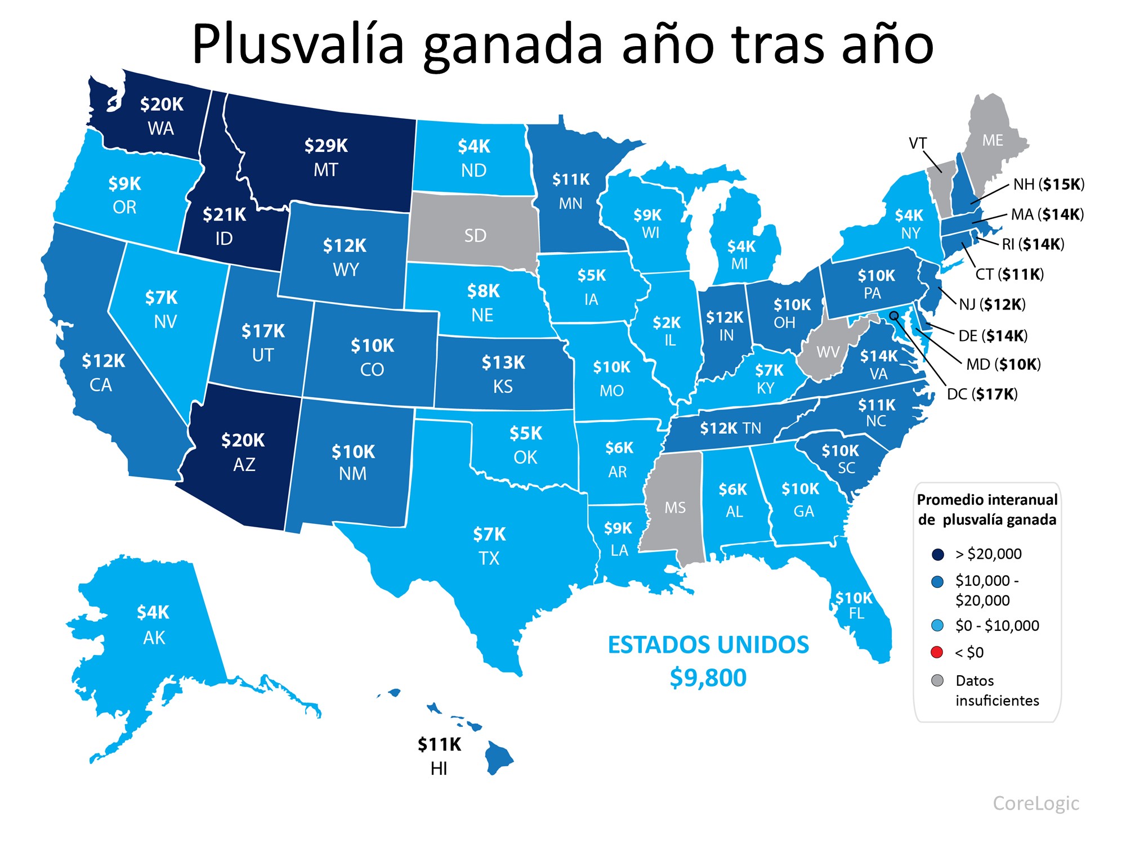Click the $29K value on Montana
(326, 146)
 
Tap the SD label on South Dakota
(475, 235)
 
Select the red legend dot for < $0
(937, 652)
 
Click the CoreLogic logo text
(1035, 803)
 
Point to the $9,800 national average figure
(708, 677)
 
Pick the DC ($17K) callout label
(982, 394)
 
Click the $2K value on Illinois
(667, 322)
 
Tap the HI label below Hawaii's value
(439, 769)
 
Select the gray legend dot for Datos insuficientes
(937, 681)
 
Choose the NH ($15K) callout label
(1048, 185)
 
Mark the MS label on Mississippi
(674, 508)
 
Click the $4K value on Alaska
(153, 612)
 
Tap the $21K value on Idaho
(224, 214)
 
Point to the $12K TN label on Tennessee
(730, 429)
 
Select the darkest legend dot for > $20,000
(937, 554)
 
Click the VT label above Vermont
(918, 143)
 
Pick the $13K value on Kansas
(503, 363)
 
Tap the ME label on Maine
(993, 140)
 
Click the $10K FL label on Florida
(854, 605)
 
